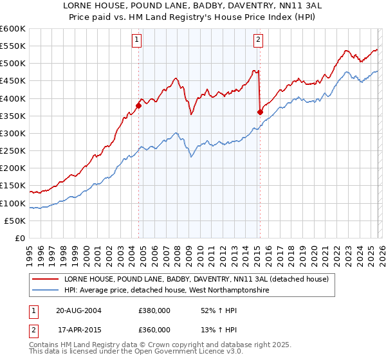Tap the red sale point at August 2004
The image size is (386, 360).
pos(138,105)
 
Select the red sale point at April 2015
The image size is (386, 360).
pos(260,112)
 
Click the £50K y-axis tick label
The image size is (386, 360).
pos(15,221)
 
